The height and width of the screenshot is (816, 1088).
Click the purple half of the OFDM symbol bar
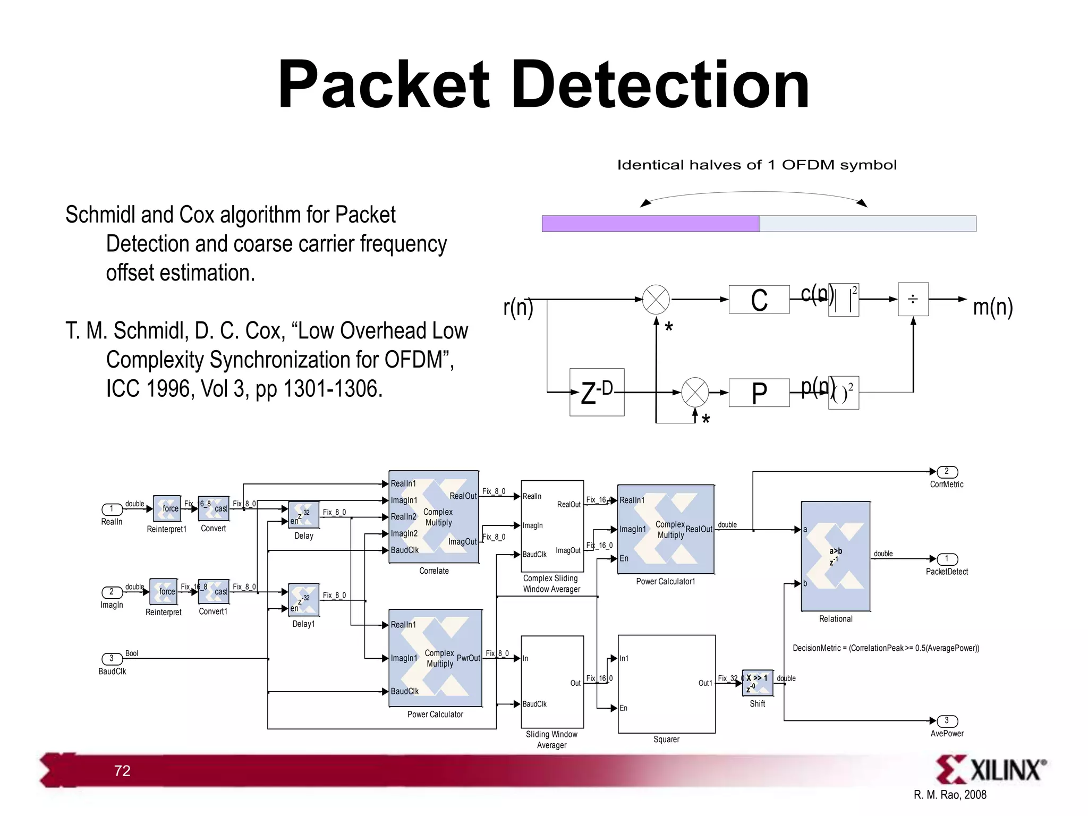tap(650, 224)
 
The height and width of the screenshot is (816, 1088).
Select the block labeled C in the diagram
tap(759, 300)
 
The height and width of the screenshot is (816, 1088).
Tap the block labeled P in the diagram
tap(759, 393)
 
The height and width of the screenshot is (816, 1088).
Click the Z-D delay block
tap(597, 392)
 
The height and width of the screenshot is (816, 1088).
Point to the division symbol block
tap(913, 300)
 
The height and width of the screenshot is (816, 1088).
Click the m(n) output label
tap(992, 307)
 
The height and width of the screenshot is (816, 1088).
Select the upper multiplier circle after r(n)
tap(656, 300)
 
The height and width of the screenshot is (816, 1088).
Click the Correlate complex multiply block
tap(433, 517)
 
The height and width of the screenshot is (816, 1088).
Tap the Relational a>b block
tap(835, 556)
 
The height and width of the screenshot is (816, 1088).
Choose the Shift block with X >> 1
tap(757, 682)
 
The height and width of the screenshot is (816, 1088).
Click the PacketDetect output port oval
tap(947, 559)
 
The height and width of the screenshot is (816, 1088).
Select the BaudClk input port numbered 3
tap(112, 659)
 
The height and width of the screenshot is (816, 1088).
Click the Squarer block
tap(666, 684)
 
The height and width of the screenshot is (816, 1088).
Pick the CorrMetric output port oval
tap(947, 472)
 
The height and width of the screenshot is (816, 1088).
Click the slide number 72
tap(122, 771)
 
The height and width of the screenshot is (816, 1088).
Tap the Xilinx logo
tap(990, 770)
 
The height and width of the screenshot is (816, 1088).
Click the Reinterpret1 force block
tap(167, 508)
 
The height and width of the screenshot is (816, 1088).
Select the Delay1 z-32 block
tap(303, 599)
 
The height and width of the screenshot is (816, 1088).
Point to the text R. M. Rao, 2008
tap(950, 795)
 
